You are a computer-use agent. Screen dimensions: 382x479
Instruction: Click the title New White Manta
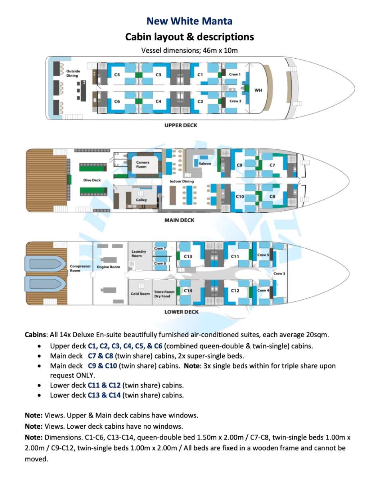189,21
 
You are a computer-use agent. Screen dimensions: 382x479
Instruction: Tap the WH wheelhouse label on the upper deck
258,90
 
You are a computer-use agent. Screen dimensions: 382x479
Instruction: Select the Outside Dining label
73,73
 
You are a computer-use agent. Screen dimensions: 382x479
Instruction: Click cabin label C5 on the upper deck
117,75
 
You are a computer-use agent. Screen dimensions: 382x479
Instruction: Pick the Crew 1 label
235,74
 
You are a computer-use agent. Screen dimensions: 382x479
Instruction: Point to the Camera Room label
143,164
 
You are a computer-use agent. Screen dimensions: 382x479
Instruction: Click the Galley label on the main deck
141,200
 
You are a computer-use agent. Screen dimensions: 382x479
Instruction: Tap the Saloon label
205,164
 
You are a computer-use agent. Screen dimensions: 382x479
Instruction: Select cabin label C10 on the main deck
240,196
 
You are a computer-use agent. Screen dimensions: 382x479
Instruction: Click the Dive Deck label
92,180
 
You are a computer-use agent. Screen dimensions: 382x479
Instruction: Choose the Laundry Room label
139,253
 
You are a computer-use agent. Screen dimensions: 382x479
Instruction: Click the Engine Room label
109,267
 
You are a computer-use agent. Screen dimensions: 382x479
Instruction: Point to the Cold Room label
140,294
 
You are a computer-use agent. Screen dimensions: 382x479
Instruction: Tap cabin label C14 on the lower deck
188,291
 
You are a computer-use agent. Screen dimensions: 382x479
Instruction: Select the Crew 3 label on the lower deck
279,273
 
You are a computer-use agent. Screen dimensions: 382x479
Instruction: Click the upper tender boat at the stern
45,264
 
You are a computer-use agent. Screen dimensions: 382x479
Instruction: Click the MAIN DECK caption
180,220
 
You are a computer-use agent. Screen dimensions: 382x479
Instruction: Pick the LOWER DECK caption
182,312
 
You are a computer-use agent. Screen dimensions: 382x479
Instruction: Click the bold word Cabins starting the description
36,335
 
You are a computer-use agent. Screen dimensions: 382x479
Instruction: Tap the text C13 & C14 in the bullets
104,395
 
